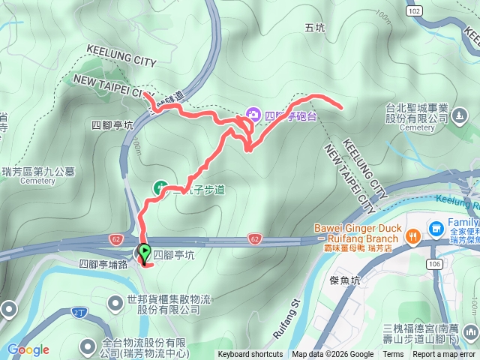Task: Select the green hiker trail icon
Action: point(159,186)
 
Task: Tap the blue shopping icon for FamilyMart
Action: point(436,226)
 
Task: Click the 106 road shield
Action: point(433,264)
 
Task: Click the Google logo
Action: point(28,349)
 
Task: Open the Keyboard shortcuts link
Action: point(250,355)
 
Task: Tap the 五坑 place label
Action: point(316,28)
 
